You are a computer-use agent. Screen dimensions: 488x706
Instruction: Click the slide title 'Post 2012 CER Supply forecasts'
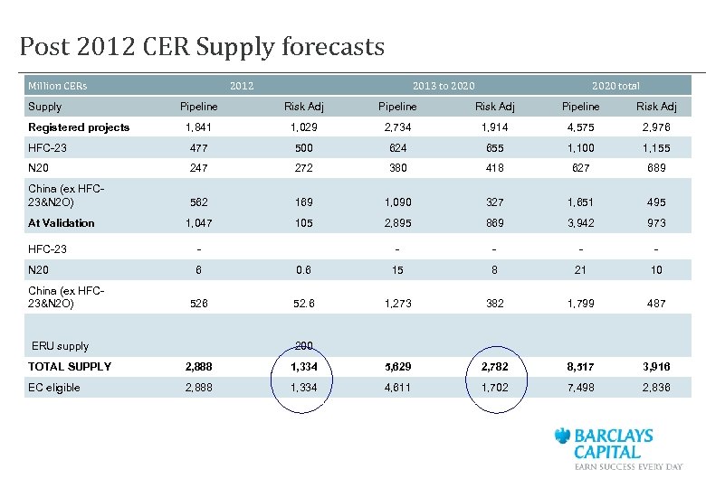202,47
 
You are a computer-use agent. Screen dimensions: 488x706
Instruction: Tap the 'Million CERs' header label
58,86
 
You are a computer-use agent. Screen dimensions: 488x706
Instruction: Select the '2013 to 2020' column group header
443,86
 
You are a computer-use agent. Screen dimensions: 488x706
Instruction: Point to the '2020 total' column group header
615,86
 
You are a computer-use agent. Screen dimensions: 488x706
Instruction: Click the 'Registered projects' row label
79,127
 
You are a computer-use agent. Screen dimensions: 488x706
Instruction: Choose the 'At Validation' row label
62,222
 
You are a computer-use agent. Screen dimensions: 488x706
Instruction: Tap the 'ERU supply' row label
61,346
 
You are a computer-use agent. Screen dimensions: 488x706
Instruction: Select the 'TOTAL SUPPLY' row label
70,366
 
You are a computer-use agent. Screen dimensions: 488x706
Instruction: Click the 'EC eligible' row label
54,388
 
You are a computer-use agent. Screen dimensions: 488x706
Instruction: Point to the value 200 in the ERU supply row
303,345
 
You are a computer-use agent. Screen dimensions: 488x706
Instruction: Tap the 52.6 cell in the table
303,304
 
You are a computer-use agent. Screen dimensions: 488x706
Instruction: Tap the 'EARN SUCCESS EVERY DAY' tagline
628,466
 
